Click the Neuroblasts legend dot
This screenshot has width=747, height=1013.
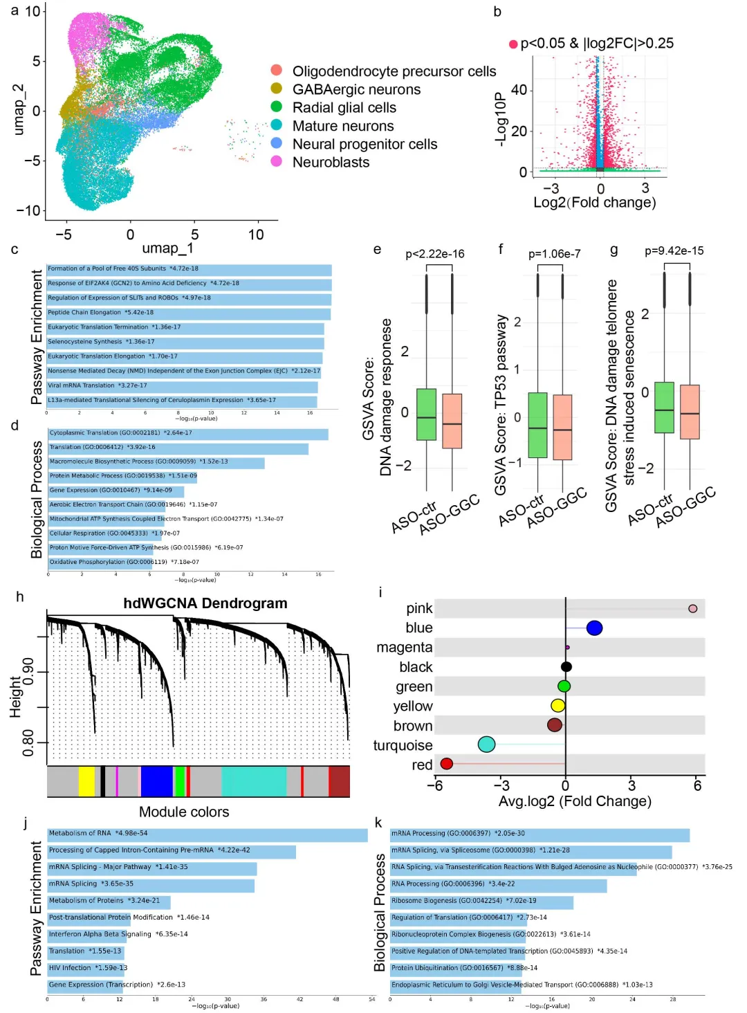point(277,161)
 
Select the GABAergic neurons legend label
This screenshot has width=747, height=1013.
point(356,89)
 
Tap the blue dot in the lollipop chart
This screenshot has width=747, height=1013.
point(594,628)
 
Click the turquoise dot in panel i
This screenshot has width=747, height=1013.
point(486,745)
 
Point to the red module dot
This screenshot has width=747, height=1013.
point(447,764)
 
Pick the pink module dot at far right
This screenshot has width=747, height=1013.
point(692,609)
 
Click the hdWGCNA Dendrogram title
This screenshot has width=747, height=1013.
point(205,603)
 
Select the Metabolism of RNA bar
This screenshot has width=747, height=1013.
point(207,835)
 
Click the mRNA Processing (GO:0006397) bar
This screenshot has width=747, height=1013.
point(539,835)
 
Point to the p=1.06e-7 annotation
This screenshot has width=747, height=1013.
point(554,254)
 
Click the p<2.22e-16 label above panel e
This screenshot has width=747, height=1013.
point(435,254)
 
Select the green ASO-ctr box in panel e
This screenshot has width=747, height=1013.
point(427,414)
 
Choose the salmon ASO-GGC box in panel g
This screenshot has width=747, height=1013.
point(690,412)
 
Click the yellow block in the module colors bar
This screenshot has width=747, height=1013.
point(86,781)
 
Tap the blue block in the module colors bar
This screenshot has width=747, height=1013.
point(156,781)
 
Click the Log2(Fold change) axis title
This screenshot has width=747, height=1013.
point(595,203)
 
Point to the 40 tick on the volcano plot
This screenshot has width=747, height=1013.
point(519,90)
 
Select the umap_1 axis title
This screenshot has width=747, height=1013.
point(168,248)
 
